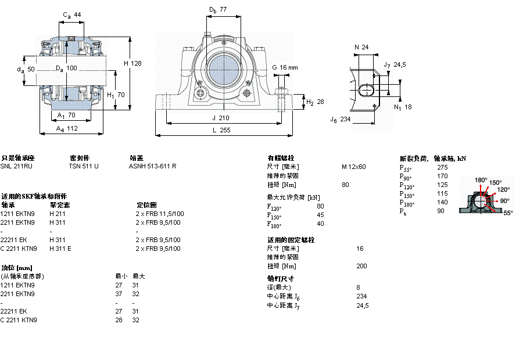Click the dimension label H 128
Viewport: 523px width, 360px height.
[132, 63]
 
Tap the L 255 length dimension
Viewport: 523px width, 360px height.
[221, 131]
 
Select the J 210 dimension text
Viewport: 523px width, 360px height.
[221, 118]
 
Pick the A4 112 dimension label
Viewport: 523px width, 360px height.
[67, 129]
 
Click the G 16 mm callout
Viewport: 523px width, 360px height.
[285, 67]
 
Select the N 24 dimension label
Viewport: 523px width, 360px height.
[361, 47]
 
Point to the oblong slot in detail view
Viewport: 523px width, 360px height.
[368, 90]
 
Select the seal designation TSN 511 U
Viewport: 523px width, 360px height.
[84, 166]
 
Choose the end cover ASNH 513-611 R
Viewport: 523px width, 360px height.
[152, 166]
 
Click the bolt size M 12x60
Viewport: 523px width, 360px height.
[353, 167]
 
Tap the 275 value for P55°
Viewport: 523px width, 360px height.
[442, 167]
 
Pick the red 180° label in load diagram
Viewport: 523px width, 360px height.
[481, 180]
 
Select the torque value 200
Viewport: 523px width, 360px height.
[362, 266]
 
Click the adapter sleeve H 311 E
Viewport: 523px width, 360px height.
[60, 249]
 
